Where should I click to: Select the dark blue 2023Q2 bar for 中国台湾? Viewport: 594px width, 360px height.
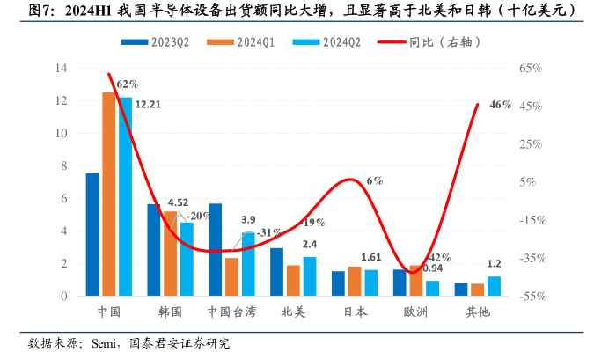[216, 250]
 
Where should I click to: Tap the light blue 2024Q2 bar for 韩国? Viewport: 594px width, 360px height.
[187, 260]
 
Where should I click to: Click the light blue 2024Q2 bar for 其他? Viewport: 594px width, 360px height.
[494, 287]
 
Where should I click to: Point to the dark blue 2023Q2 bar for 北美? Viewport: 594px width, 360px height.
[277, 272]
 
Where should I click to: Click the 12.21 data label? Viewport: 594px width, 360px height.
[147, 103]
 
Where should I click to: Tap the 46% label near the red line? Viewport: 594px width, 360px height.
[500, 105]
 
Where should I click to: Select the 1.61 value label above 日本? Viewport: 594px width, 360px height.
[370, 257]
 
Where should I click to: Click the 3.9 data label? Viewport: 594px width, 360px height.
[248, 219]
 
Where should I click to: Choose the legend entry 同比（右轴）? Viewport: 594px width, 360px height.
[431, 40]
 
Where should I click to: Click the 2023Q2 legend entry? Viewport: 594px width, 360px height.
[162, 40]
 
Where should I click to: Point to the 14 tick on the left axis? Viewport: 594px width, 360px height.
[62, 68]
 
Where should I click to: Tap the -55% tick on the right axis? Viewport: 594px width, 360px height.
[531, 297]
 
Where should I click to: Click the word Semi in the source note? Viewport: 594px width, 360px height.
[106, 343]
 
